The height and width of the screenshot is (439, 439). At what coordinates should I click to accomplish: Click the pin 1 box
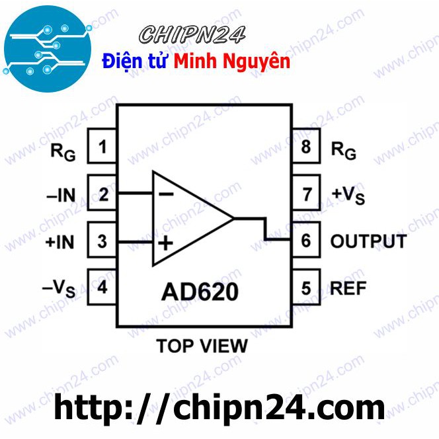pos(102,147)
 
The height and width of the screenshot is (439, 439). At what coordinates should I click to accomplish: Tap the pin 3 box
pos(102,241)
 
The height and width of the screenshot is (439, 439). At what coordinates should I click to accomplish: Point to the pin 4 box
pos(102,288)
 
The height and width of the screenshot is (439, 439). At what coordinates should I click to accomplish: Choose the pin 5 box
pos(305,288)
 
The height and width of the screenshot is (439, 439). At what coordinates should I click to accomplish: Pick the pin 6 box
pos(305,241)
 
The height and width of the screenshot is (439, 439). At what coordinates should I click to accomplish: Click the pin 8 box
pos(305,147)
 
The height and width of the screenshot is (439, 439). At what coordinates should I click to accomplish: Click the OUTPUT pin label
pos(368,241)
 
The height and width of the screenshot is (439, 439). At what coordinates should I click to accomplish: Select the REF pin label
pos(348,288)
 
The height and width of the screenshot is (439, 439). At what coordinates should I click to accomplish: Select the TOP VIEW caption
pos(202,345)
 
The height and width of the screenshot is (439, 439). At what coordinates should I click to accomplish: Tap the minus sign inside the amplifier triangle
pos(166,194)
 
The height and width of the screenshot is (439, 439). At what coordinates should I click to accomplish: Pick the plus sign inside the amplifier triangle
pos(165,244)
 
